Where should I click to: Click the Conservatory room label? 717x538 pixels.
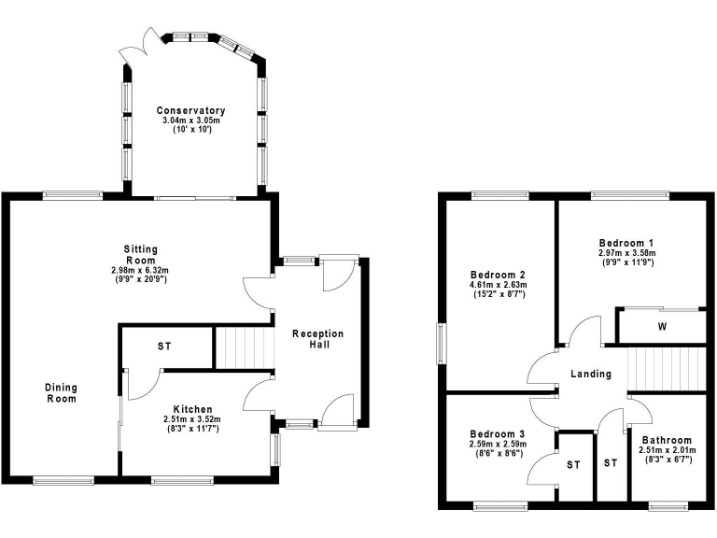pyautogui.click(x=190, y=111)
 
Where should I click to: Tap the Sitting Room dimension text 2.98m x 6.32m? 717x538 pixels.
pyautogui.click(x=140, y=270)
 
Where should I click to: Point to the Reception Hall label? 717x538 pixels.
pyautogui.click(x=317, y=339)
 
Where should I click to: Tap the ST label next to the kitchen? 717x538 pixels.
pyautogui.click(x=164, y=347)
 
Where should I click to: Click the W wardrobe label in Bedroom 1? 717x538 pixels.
pyautogui.click(x=661, y=327)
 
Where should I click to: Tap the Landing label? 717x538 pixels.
pyautogui.click(x=591, y=374)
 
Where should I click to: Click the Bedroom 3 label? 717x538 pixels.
pyautogui.click(x=497, y=434)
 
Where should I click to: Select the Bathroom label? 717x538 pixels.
pyautogui.click(x=666, y=441)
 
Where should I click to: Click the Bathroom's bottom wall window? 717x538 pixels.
pyautogui.click(x=668, y=506)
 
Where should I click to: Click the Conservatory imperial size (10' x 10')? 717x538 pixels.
pyautogui.click(x=190, y=130)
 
